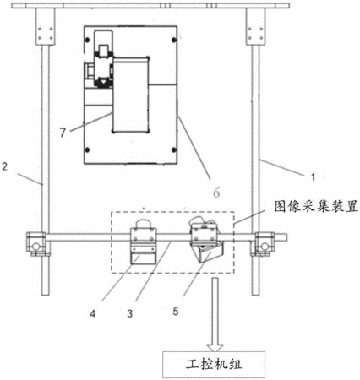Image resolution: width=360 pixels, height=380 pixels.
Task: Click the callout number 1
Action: coord(313,177)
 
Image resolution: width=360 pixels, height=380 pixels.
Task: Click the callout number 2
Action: coord(4,166)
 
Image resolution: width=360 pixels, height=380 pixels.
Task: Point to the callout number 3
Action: coord(129,313)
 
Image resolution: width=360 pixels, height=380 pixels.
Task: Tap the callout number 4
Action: coord(93,313)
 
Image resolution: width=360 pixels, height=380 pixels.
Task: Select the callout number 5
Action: coord(176,312)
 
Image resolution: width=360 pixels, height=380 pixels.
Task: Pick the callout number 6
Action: coord(216,193)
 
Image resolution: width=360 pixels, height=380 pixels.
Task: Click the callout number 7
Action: coord(63,132)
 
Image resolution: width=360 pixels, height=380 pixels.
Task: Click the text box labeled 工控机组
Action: coord(214,365)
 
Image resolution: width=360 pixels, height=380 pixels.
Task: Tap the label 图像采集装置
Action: coord(316,207)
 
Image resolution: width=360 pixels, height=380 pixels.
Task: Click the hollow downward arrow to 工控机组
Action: coord(215,314)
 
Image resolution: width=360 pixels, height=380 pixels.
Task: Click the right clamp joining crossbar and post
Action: coord(263,244)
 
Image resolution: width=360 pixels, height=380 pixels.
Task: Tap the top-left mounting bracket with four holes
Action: coord(45,27)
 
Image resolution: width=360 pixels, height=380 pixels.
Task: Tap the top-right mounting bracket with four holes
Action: coord(255,27)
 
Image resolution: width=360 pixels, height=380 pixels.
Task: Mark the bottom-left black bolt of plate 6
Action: coord(87,149)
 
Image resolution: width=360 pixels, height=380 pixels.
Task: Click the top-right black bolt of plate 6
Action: coord(174,40)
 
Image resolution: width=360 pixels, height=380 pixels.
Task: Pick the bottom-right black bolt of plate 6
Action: coord(174,149)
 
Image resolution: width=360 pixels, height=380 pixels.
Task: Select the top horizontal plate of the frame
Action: coord(150,6)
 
